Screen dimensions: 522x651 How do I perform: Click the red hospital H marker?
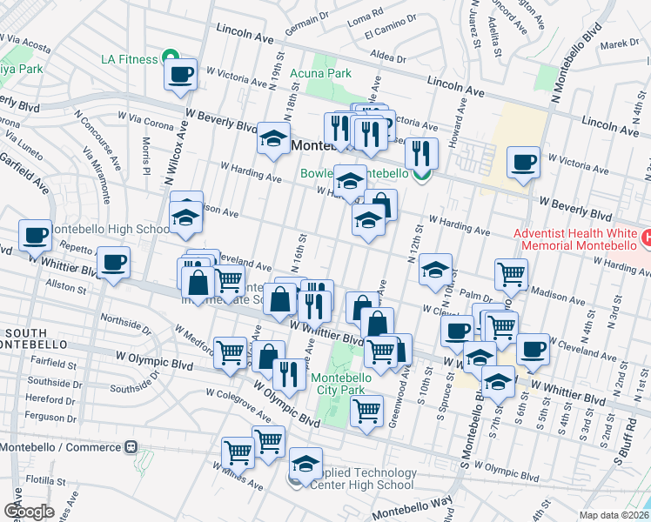click(x=645, y=237)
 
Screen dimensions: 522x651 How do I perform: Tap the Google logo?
click(x=29, y=512)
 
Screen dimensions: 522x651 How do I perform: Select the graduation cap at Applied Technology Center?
click(x=305, y=463)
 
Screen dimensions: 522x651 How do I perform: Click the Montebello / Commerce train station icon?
click(x=131, y=447)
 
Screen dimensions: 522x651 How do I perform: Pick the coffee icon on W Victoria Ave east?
click(x=524, y=162)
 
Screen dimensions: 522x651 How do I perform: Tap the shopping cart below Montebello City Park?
click(x=367, y=410)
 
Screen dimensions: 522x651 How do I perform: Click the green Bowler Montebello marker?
click(x=422, y=175)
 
